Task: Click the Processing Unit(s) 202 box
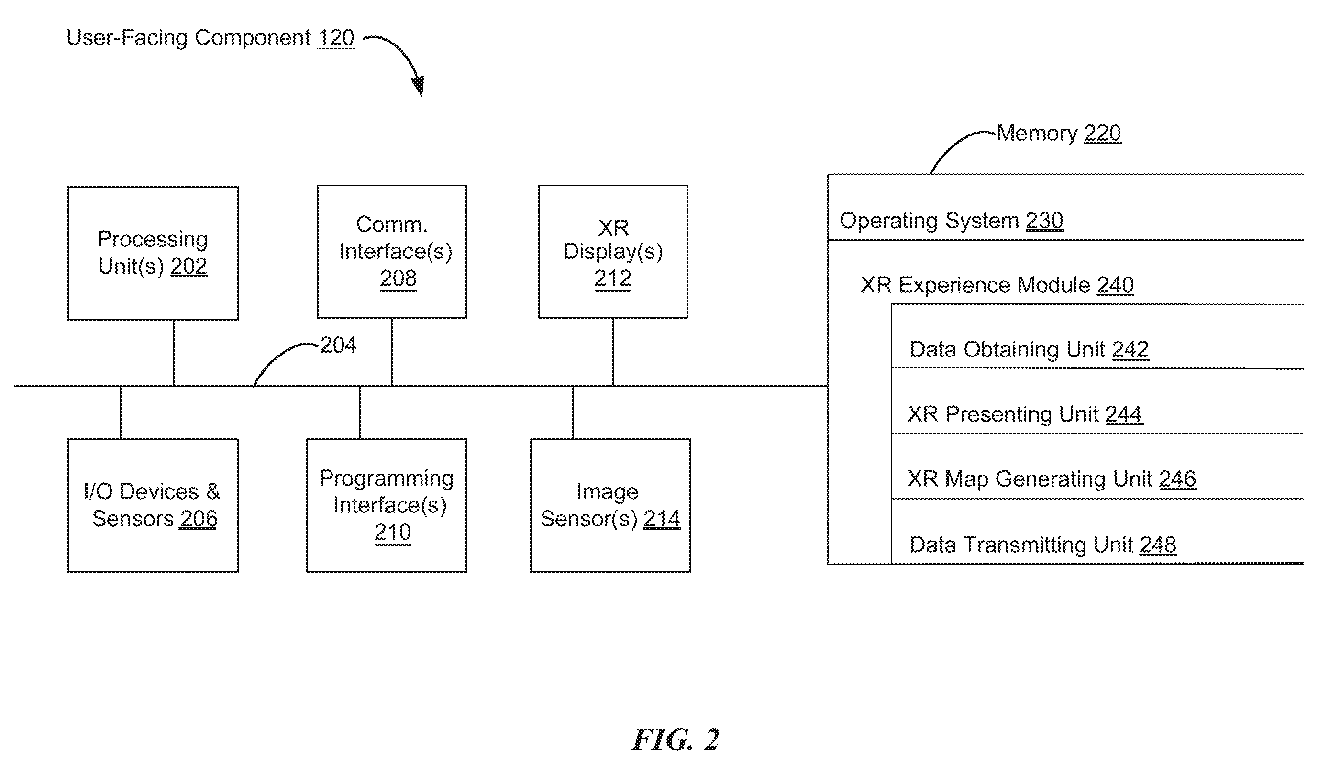tap(153, 253)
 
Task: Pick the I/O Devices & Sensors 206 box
tap(153, 505)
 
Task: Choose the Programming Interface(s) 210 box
tap(387, 505)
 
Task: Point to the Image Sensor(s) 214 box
tap(610, 505)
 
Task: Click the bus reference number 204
tap(338, 345)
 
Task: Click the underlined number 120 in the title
tap(336, 38)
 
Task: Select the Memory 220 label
tap(1059, 134)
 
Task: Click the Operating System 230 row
tap(1065, 208)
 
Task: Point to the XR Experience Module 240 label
tap(997, 286)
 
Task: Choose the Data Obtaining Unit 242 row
tap(1097, 337)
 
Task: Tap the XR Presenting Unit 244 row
tap(1097, 401)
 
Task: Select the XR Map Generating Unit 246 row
tap(1097, 467)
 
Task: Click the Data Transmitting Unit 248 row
tap(1097, 532)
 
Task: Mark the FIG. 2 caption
tap(675, 740)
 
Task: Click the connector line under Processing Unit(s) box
tap(174, 353)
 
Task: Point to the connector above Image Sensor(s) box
tap(573, 412)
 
